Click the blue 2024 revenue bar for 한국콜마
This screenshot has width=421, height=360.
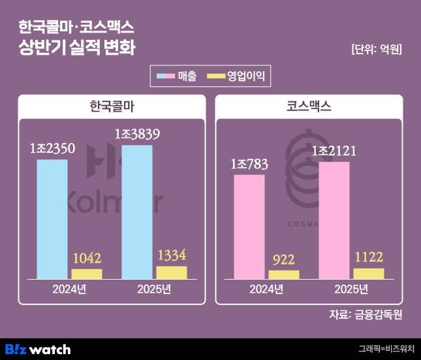pos(52,219)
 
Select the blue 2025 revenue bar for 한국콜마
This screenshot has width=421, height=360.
pos(137,212)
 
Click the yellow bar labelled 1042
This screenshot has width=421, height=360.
pos(87,274)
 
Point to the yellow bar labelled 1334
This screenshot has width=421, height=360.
pos(172,272)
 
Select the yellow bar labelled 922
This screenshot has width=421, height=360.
pos(284,274)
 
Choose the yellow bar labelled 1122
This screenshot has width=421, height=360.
pos(369,273)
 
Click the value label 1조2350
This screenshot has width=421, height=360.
pos(52,150)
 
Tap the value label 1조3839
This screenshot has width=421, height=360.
pos(137,135)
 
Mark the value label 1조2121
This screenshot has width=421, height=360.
pos(334,152)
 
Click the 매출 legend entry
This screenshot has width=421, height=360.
pos(178,76)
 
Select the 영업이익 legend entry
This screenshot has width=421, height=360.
pos(236,76)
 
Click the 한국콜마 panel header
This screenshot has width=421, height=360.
pos(112,106)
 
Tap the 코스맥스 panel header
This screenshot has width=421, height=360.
pos(309,106)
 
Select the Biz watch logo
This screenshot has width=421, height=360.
pos(37,349)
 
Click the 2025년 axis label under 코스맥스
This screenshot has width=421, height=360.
pos(351,289)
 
